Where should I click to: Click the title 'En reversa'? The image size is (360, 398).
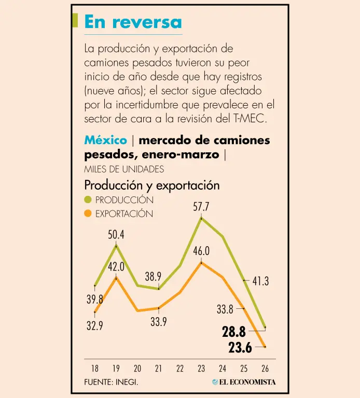click(133, 22)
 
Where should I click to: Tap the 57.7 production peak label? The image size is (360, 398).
click(201, 207)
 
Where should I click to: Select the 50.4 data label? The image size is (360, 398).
click(116, 235)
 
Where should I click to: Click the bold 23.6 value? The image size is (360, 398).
click(240, 348)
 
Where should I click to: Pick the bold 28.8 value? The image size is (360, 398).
click(233, 332)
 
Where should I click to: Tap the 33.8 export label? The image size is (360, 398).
click(225, 310)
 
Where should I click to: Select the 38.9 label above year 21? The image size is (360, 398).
click(153, 277)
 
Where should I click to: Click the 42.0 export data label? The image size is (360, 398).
click(116, 267)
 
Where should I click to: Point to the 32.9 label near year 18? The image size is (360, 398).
click(94, 326)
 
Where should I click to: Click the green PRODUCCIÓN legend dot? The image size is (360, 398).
click(88, 200)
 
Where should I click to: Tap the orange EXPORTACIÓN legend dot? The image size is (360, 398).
click(88, 214)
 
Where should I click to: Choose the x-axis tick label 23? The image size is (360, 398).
click(201, 369)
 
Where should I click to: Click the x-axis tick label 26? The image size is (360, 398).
click(265, 369)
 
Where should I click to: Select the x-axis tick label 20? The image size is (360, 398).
click(137, 369)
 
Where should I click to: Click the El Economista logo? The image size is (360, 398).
click(244, 382)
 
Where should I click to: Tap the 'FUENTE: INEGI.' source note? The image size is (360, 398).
click(111, 382)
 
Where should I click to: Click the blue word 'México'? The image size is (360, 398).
click(105, 140)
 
